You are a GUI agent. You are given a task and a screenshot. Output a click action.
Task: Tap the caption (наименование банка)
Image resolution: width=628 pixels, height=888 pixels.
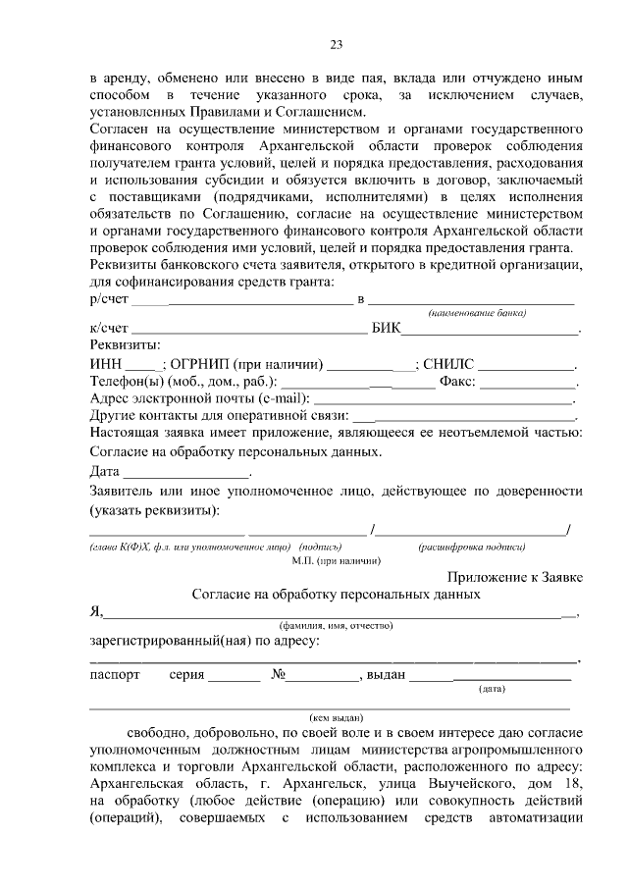[x=476, y=313]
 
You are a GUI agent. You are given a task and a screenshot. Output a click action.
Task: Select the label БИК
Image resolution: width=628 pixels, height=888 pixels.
[x=387, y=331]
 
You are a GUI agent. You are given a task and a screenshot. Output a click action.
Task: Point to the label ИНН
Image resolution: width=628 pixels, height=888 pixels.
[x=106, y=365]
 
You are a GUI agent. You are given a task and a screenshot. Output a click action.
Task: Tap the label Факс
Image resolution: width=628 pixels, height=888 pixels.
[x=457, y=383]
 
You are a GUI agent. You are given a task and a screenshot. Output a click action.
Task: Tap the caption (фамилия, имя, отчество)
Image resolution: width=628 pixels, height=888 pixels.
[x=336, y=625]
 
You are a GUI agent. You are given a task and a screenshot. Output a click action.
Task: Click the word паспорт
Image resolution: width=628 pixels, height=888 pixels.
[x=115, y=675]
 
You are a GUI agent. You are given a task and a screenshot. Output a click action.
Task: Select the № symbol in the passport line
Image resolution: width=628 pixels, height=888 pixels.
[x=271, y=675]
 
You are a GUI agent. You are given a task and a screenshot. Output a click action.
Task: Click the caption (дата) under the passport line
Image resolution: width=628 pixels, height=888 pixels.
[x=492, y=689]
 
